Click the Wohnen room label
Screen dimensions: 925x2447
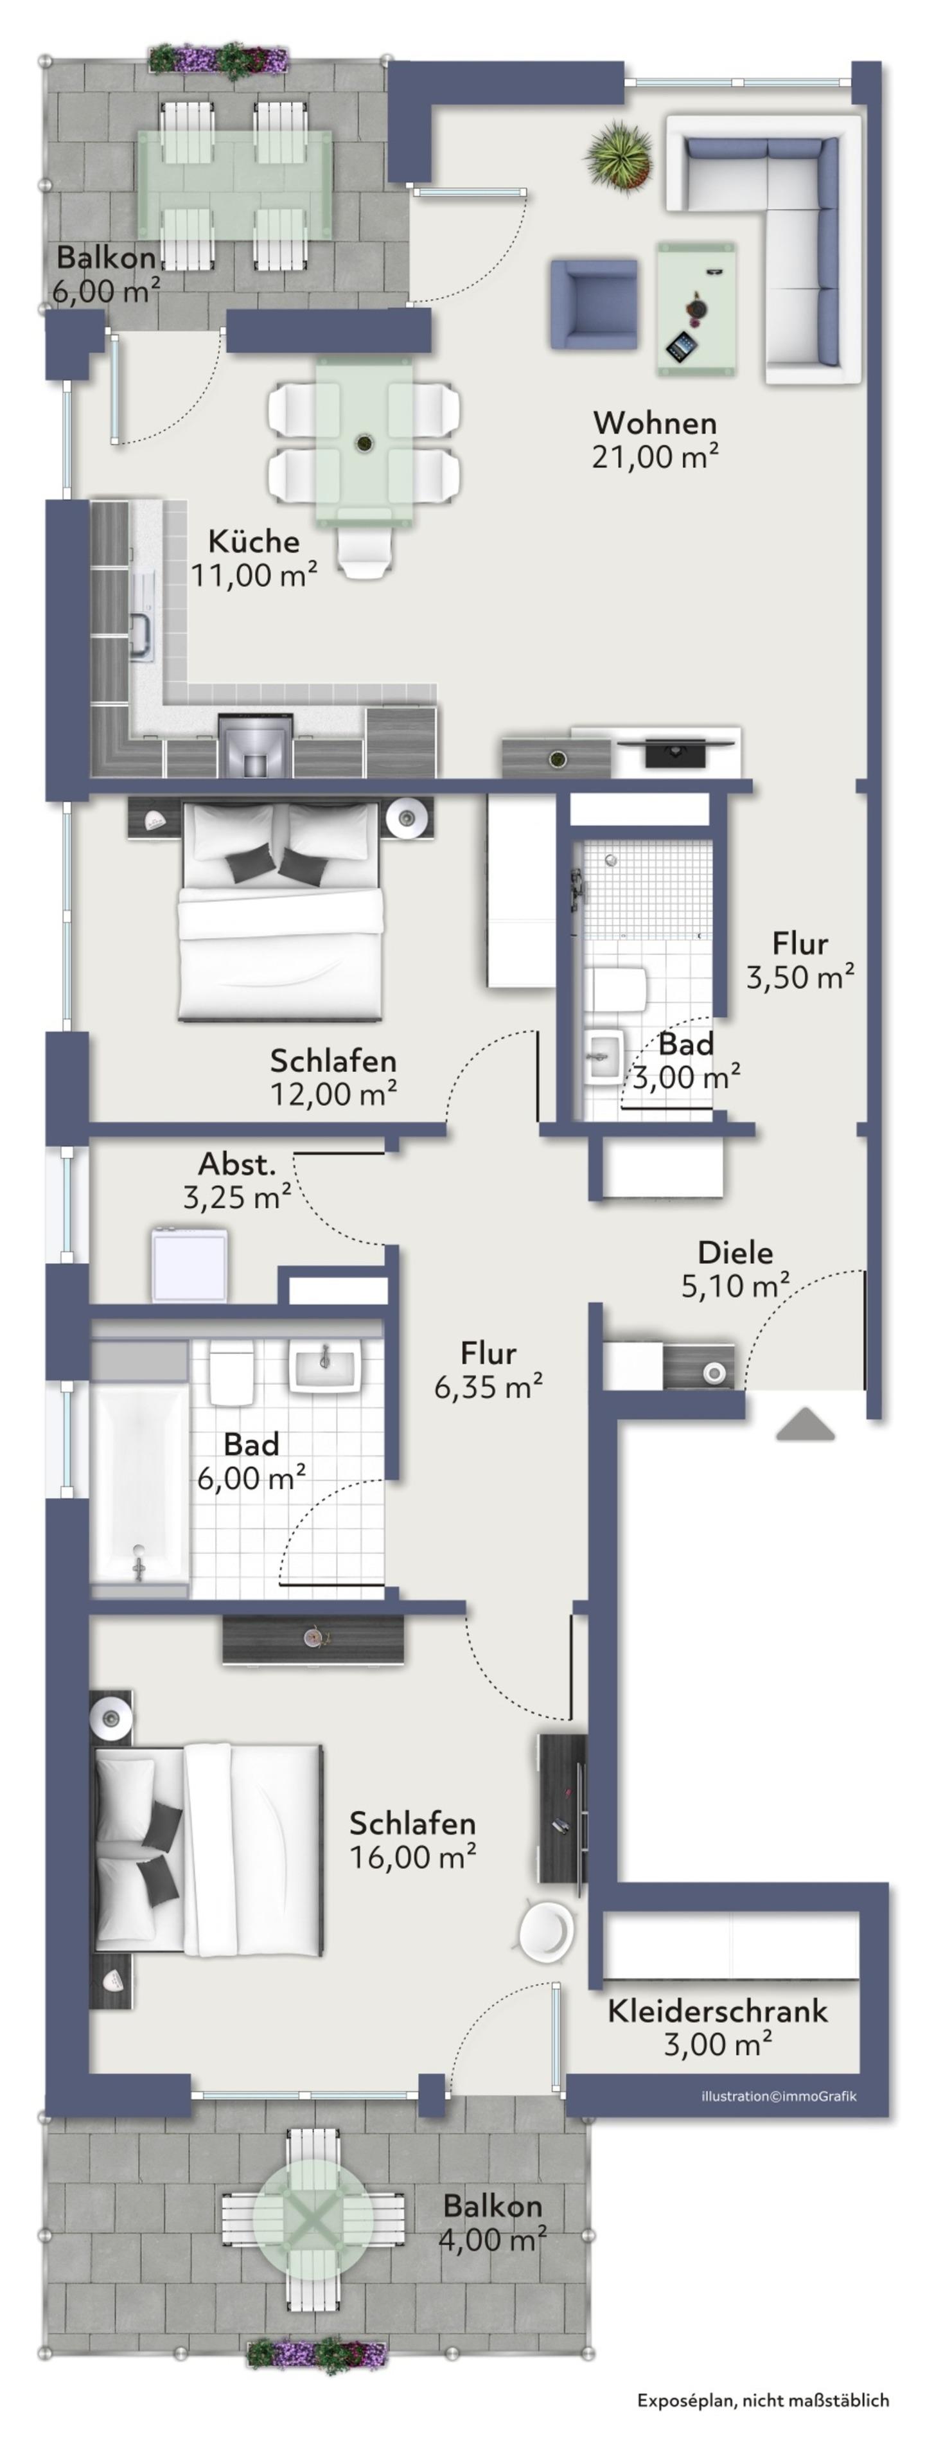655,423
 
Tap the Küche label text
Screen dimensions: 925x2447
254,542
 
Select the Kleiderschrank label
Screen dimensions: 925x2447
718,2011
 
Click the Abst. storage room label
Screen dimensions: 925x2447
236,1164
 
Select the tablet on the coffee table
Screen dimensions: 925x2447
681,346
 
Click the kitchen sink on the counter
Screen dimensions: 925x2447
141,631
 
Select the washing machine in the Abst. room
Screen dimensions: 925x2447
189,1265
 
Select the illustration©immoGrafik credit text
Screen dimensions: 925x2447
779,2096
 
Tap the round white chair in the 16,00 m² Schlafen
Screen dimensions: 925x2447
547,1929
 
